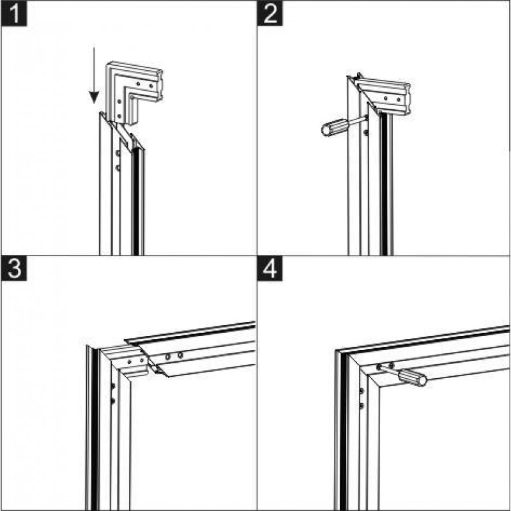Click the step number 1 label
pyautogui.click(x=14, y=13)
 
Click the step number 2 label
pyautogui.click(x=270, y=13)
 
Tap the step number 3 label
pyautogui.click(x=14, y=268)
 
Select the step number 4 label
pyautogui.click(x=270, y=268)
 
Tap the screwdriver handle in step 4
pyautogui.click(x=412, y=378)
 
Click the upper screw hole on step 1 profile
pyautogui.click(x=118, y=153)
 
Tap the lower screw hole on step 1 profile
pyautogui.click(x=118, y=168)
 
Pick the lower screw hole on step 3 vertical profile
pyautogui.click(x=113, y=400)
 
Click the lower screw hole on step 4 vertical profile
pyautogui.click(x=361, y=406)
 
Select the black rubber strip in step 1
pyautogui.click(x=136, y=202)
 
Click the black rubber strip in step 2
pyautogui.click(x=385, y=184)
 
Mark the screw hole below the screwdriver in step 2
pyautogui.click(x=365, y=133)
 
